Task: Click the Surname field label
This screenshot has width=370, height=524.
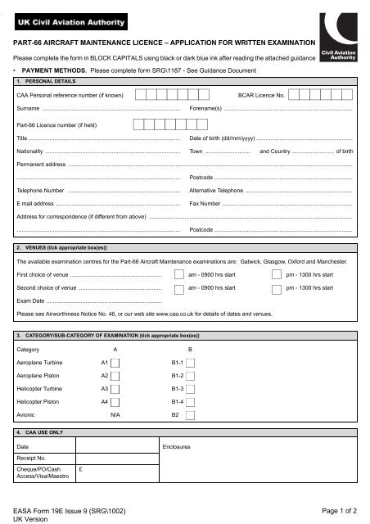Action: coord(29,108)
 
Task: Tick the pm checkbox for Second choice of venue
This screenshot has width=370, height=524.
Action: coord(275,289)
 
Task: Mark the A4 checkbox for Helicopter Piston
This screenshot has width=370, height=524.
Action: coord(115,402)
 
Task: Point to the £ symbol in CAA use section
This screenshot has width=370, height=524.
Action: coord(79,470)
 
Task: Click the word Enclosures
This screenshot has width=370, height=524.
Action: coord(177,446)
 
